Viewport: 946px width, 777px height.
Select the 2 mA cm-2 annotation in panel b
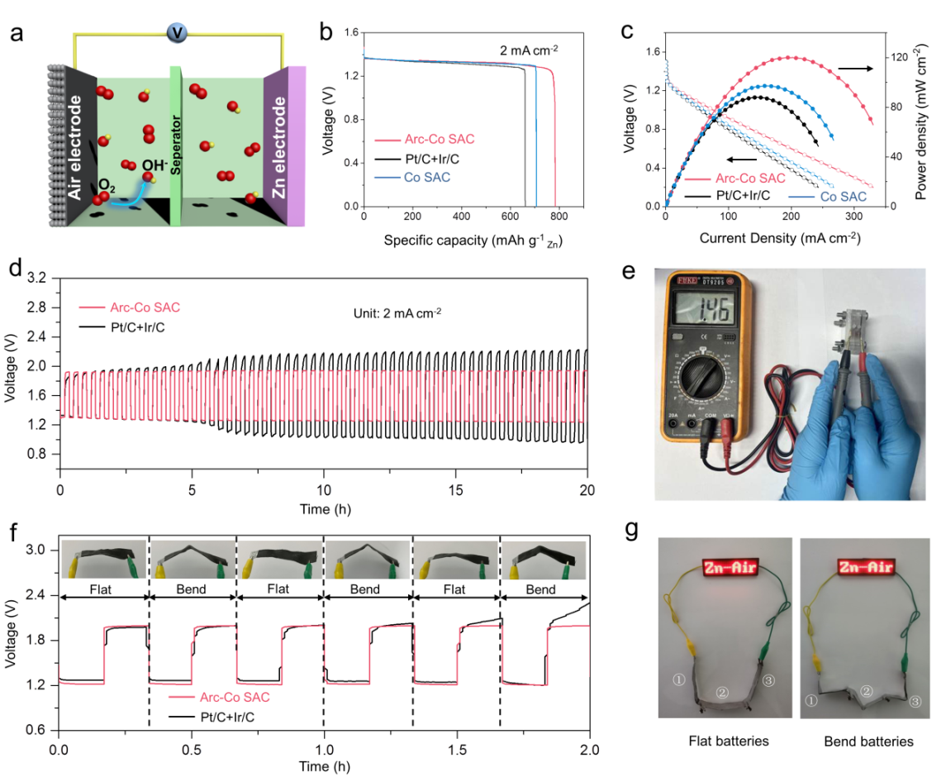pyautogui.click(x=529, y=50)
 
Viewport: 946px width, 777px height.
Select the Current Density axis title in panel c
pyautogui.click(x=768, y=238)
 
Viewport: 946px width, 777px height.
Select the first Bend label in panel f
pyautogui.click(x=192, y=590)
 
